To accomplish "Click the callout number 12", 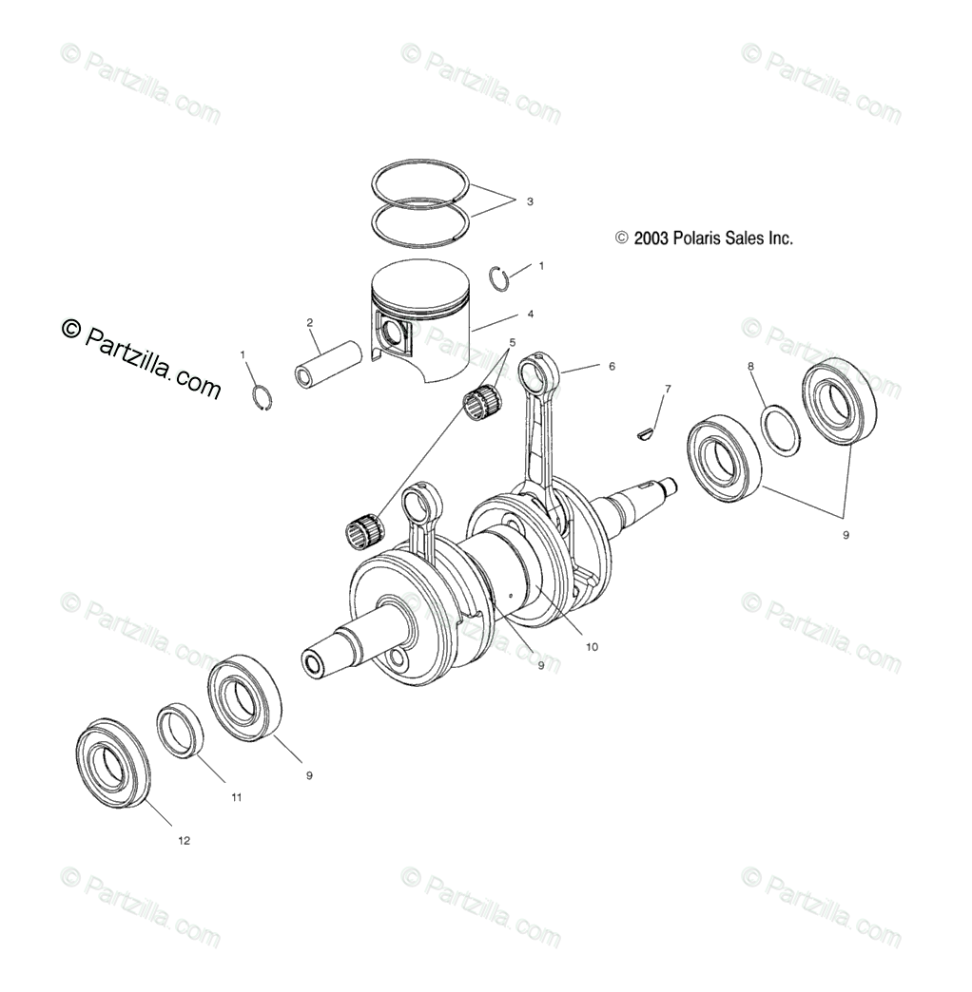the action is coord(184,840).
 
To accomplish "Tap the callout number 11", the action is coord(236,797).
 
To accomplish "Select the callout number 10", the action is coord(591,646).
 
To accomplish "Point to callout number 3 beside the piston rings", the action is coord(530,201).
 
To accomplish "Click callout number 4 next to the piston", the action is coord(530,315).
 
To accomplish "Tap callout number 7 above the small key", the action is coord(668,389).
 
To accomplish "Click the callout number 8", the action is coord(749,366).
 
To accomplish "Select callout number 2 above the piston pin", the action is coord(310,322).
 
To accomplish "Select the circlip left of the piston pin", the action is coord(263,397).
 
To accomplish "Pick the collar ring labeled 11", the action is coord(182,729).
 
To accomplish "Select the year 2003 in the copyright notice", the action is coord(650,238).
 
